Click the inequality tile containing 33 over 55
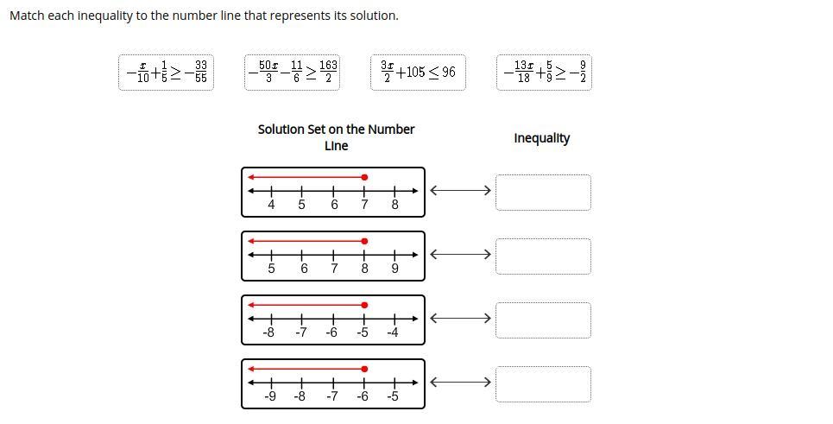click(166, 72)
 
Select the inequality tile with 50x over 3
click(293, 72)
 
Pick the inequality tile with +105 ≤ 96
click(418, 72)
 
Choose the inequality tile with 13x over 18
click(544, 72)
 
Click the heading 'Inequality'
click(541, 138)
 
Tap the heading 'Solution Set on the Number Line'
click(336, 137)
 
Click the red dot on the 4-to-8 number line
click(364, 177)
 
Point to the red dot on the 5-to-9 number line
click(364, 241)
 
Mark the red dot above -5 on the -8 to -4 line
click(364, 305)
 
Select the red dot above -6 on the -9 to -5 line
click(364, 369)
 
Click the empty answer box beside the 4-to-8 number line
click(543, 192)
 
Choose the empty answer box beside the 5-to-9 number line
click(543, 256)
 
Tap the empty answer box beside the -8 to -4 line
click(543, 320)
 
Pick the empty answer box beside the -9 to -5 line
click(543, 383)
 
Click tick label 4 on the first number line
click(271, 206)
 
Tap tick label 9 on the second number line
click(394, 269)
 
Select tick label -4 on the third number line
click(393, 332)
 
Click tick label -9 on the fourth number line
click(270, 396)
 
